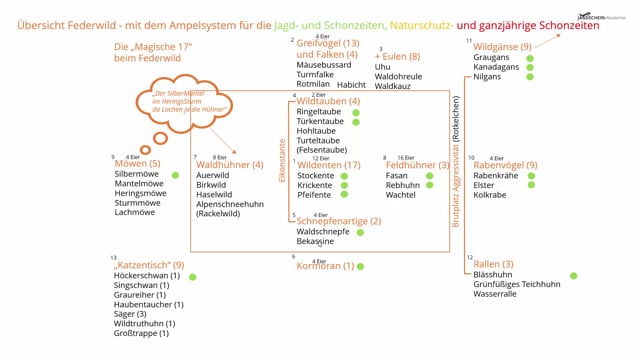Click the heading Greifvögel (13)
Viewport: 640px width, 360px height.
click(x=328, y=43)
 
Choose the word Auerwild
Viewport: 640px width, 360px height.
click(x=214, y=175)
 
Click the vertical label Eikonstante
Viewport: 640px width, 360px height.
click(x=282, y=159)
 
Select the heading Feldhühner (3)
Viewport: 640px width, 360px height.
click(x=415, y=163)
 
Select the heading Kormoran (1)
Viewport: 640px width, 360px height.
click(x=324, y=265)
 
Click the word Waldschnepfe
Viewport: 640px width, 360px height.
click(x=326, y=231)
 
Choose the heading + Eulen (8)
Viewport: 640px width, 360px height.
click(x=397, y=56)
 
